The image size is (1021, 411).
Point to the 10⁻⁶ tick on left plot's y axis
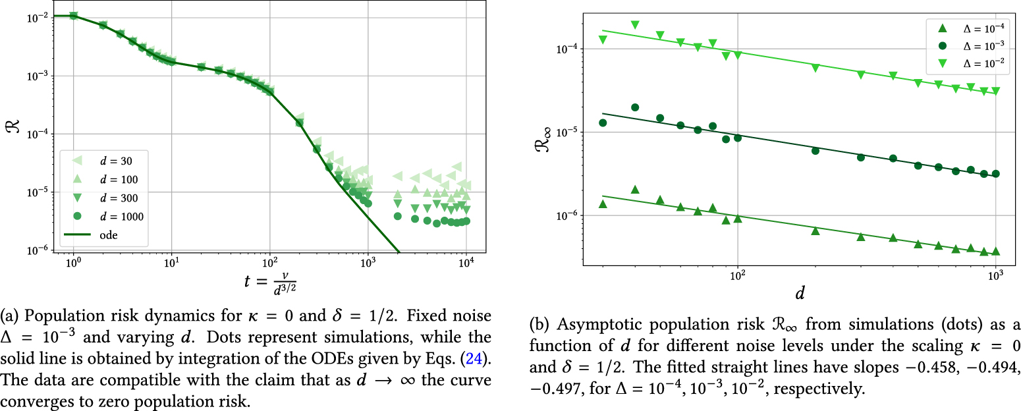(35, 250)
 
